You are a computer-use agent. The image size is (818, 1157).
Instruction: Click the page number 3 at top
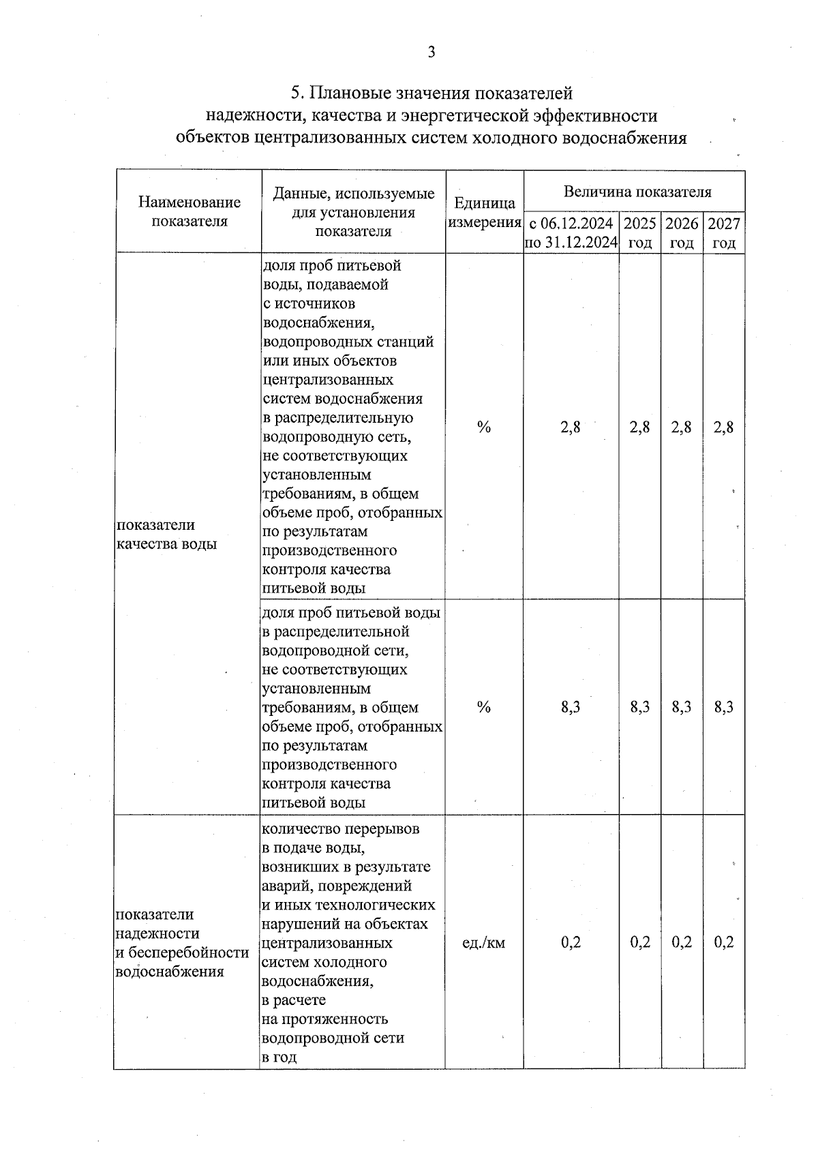(x=430, y=52)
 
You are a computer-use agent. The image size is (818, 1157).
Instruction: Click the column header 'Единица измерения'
(x=484, y=213)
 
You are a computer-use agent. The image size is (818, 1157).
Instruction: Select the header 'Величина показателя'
(x=637, y=192)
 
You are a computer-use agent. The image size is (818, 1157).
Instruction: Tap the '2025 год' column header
(x=639, y=232)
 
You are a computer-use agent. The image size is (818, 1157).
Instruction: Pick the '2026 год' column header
(x=682, y=232)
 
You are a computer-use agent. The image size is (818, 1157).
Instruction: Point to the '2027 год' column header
(x=723, y=232)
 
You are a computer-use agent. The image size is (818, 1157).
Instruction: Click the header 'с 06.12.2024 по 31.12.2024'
(x=571, y=232)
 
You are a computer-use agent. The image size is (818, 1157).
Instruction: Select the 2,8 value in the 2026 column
(x=681, y=427)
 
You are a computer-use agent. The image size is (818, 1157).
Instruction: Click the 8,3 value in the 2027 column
(x=723, y=707)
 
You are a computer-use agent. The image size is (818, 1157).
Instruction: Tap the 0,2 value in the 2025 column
(x=639, y=942)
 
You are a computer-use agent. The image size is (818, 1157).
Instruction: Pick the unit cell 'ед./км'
(x=484, y=943)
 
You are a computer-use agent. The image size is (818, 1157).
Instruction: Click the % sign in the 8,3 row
(x=484, y=707)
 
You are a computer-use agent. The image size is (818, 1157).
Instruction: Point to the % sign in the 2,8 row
(x=484, y=427)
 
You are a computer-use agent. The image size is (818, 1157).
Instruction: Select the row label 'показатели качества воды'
(x=166, y=534)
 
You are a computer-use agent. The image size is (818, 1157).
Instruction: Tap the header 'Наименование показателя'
(x=190, y=211)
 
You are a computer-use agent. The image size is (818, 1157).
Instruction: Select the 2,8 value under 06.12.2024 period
(x=571, y=427)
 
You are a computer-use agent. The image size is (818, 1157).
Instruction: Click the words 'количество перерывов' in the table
(x=341, y=829)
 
